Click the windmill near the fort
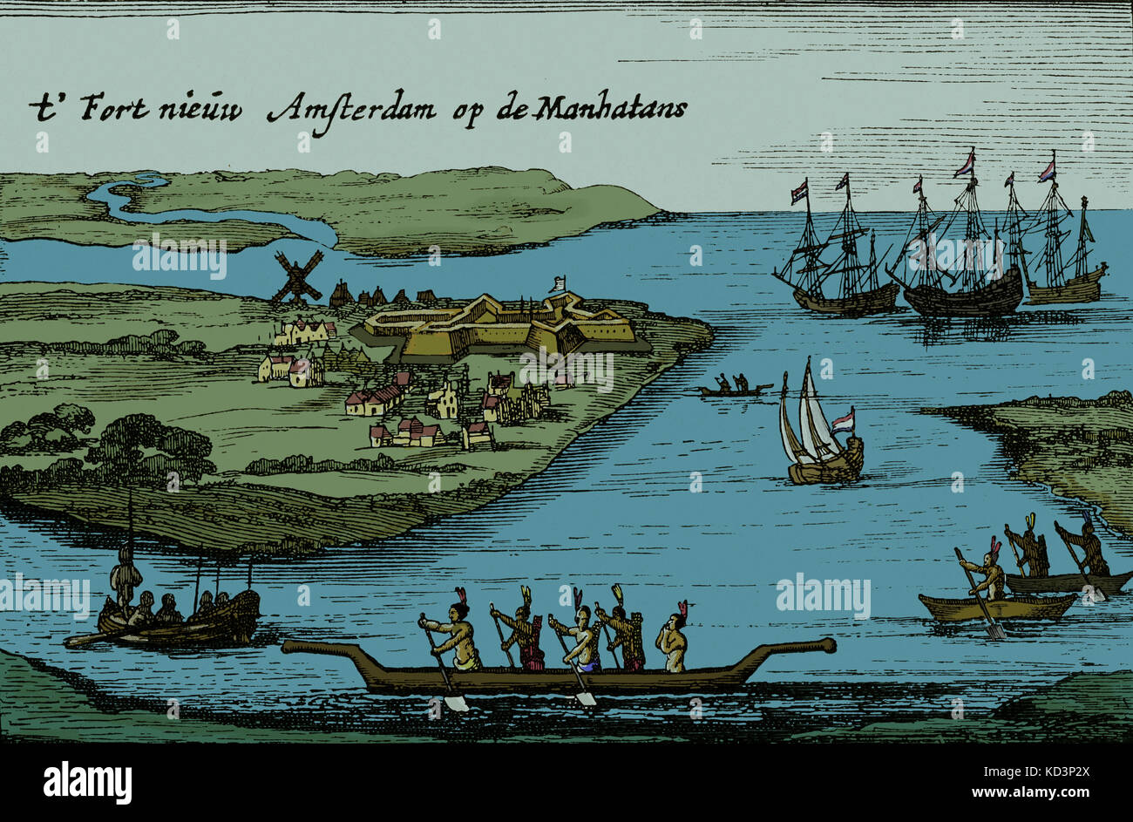click(296, 278)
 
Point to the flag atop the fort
click(559, 282)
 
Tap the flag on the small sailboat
click(841, 421)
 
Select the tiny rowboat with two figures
click(732, 387)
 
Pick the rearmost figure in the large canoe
click(672, 642)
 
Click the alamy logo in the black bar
click(87, 781)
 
